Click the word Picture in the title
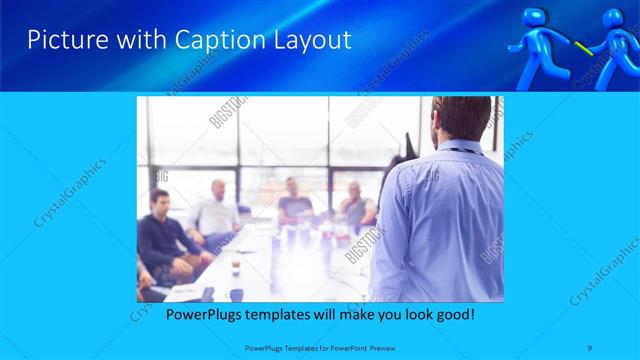[62, 41]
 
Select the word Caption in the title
[203, 41]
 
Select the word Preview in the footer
[381, 347]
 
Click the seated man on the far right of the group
[355, 205]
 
